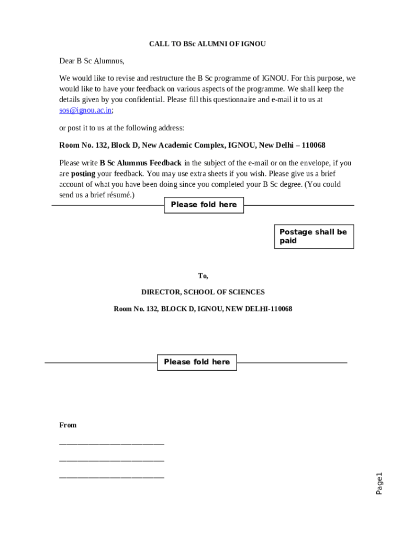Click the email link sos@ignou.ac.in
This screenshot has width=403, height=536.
[85, 110]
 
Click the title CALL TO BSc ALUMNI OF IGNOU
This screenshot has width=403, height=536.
[207, 44]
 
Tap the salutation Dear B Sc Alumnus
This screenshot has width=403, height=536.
[92, 61]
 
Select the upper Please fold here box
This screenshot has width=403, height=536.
[204, 205]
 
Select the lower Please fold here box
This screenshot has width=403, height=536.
[197, 362]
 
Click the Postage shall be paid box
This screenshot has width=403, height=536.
[314, 237]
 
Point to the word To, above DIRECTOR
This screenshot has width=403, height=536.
[203, 276]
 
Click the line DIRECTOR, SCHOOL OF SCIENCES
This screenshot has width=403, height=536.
[203, 292]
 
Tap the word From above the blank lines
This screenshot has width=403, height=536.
[68, 425]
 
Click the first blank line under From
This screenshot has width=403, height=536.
[111, 443]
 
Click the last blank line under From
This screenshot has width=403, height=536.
[111, 476]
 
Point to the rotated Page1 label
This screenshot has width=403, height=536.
[379, 483]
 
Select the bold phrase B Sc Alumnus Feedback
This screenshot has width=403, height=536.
[141, 163]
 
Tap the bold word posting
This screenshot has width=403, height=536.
[83, 174]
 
